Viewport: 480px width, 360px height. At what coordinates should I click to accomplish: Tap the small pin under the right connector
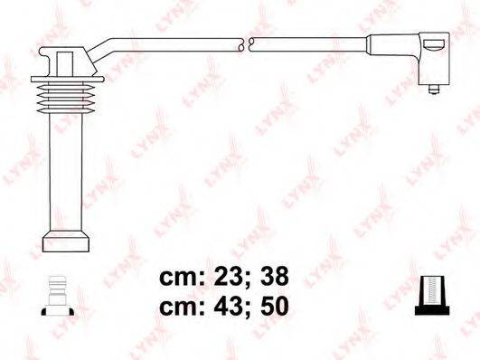pos(436,90)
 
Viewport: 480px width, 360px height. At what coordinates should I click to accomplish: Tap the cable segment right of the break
pos(307,42)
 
